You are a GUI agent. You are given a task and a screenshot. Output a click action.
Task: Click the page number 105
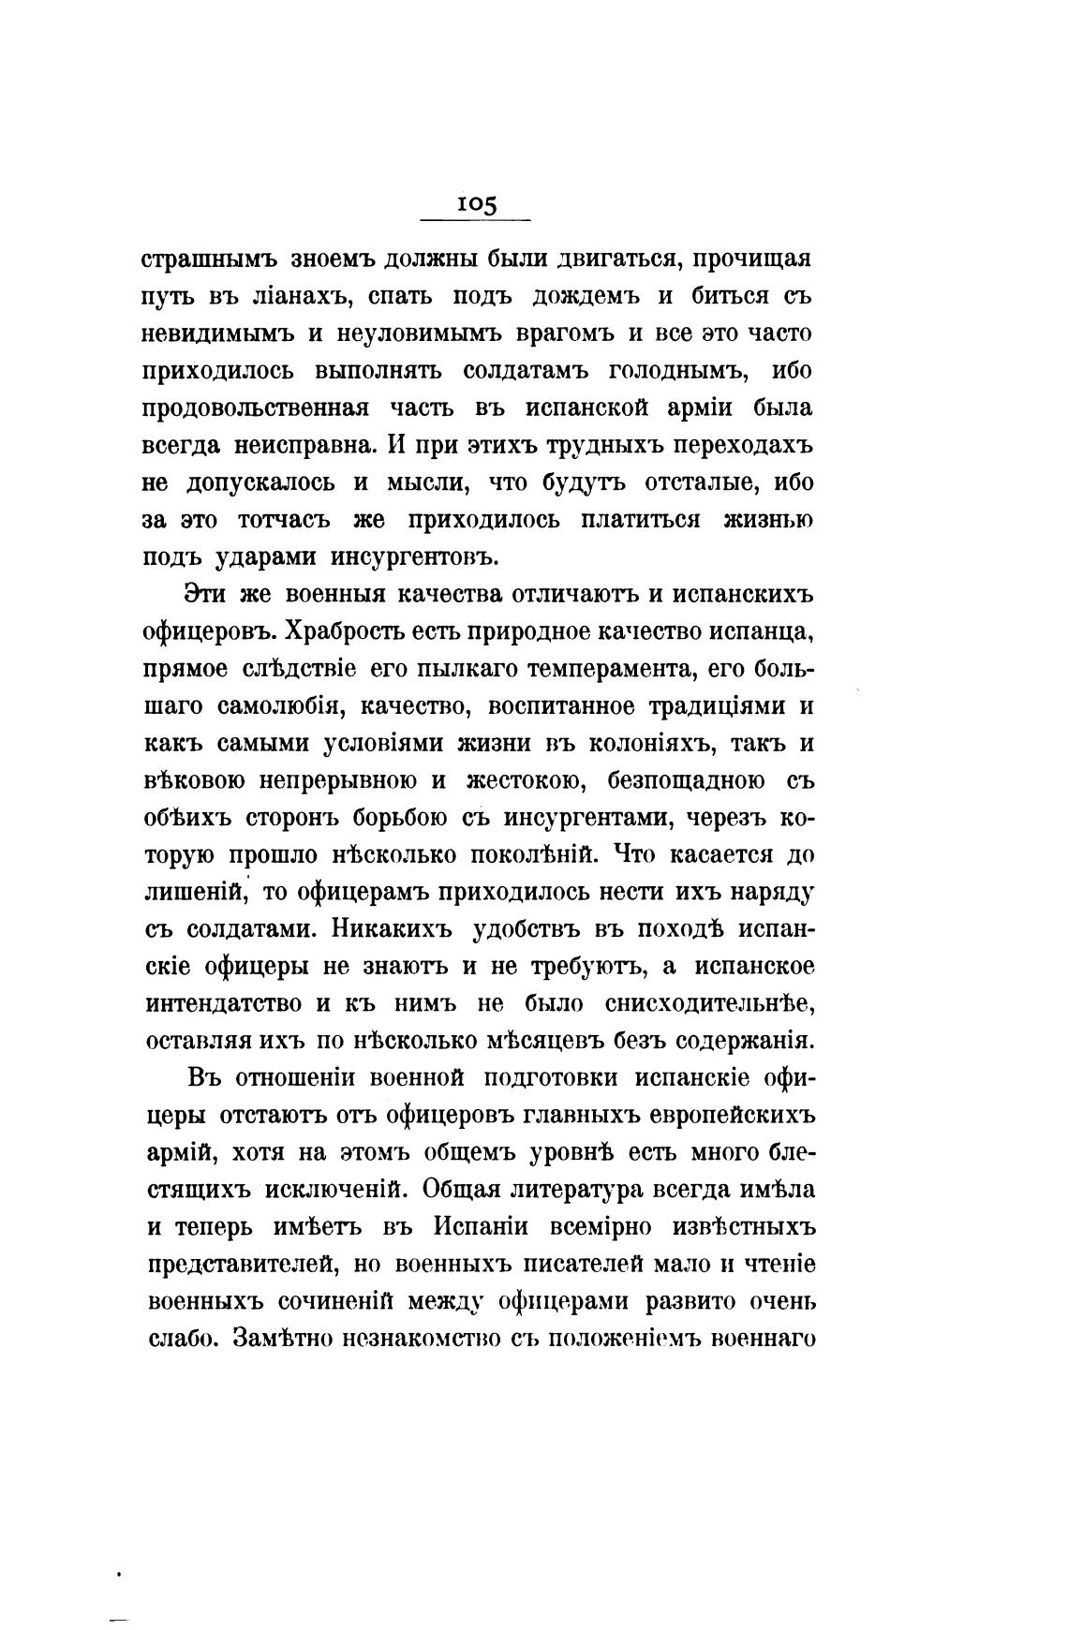point(476,204)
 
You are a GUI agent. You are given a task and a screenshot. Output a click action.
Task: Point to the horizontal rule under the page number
point(476,221)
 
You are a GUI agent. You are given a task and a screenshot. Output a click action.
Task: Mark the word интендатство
point(224,1003)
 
